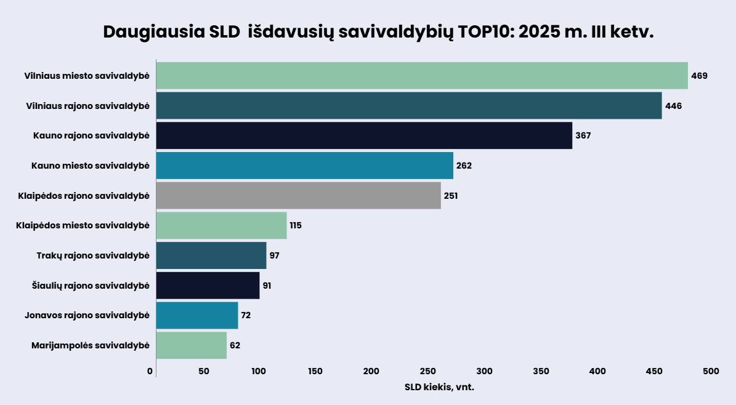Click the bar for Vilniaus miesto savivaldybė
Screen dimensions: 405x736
pos(422,76)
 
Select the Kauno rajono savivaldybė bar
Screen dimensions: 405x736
pos(364,135)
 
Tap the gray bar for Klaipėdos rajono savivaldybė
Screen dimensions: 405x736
pos(299,196)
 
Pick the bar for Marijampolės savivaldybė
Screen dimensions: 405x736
pos(192,345)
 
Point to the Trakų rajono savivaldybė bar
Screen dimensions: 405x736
pos(211,255)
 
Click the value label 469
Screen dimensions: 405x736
pos(699,76)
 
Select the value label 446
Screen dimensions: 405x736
pos(673,106)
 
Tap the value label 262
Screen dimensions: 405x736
pos(464,166)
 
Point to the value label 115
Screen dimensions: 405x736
pos(296,225)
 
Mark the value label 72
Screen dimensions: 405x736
pos(246,315)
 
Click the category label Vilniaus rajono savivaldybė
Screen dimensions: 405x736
pos(87,106)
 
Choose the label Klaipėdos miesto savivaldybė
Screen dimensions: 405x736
pos(83,225)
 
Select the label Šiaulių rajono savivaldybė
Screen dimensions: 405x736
pos(91,286)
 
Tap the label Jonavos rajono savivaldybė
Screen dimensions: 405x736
pos(87,315)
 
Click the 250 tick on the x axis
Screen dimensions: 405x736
pos(428,371)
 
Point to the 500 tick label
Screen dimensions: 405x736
pos(710,371)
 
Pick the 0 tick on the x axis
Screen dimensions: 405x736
pos(150,371)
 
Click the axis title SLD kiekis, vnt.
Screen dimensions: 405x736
pos(439,387)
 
